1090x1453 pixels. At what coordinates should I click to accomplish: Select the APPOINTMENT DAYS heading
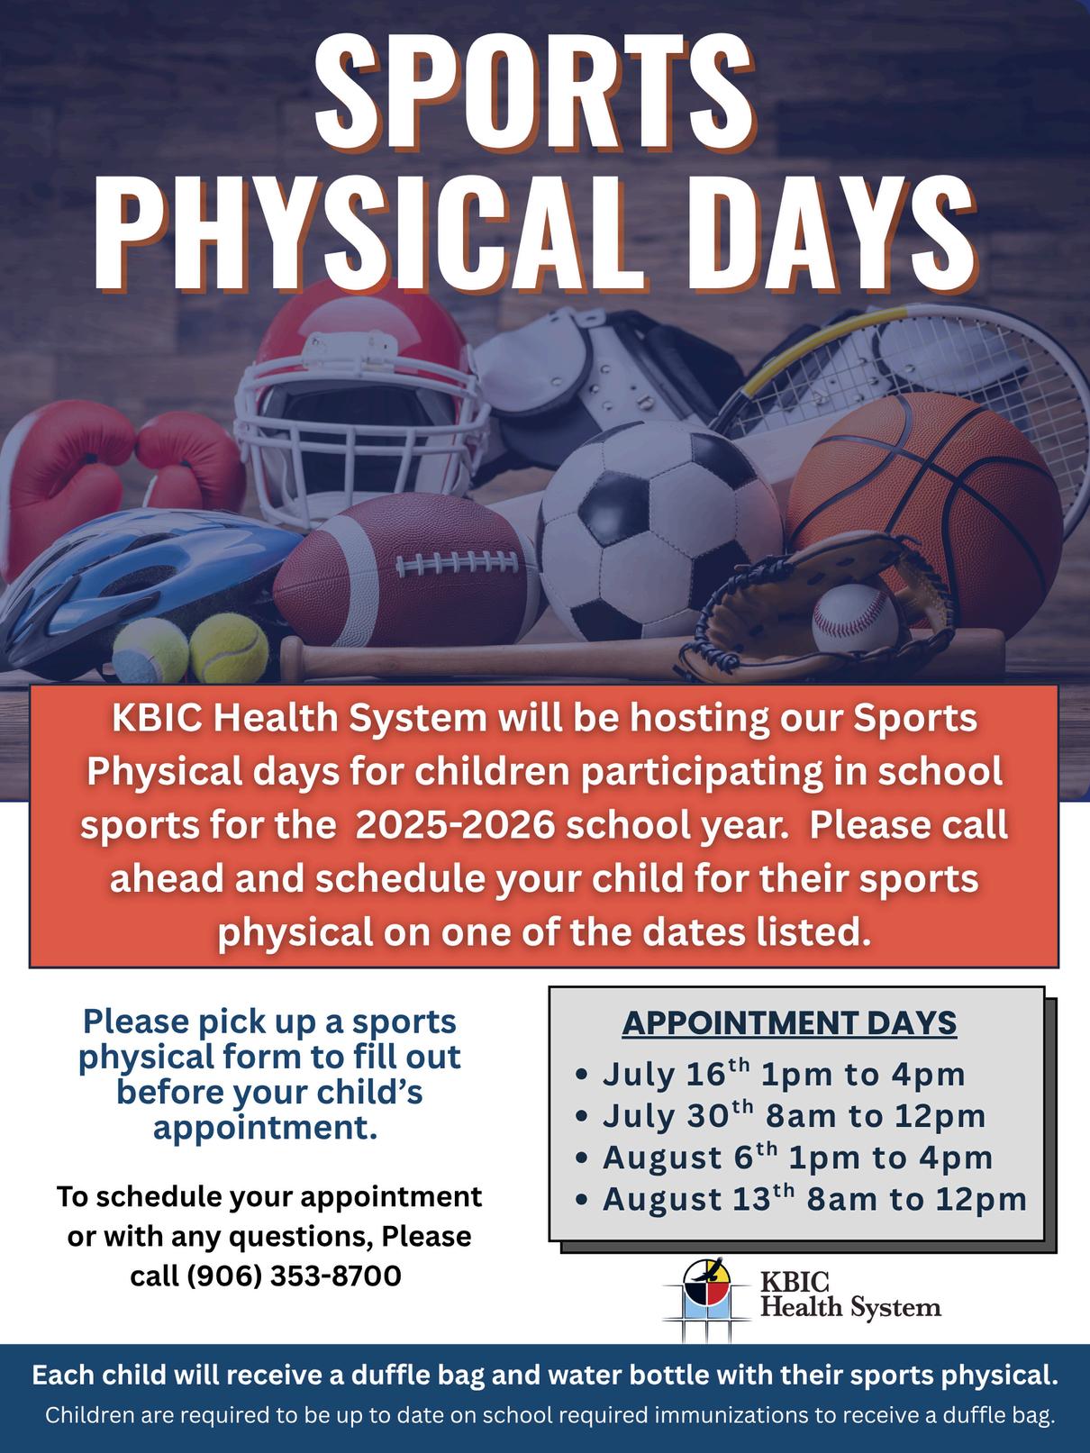[789, 1022]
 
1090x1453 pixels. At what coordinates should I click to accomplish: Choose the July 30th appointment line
[781, 1116]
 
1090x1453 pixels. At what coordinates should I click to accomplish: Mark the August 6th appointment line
[785, 1158]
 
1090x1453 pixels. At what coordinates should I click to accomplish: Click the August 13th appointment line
[801, 1199]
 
